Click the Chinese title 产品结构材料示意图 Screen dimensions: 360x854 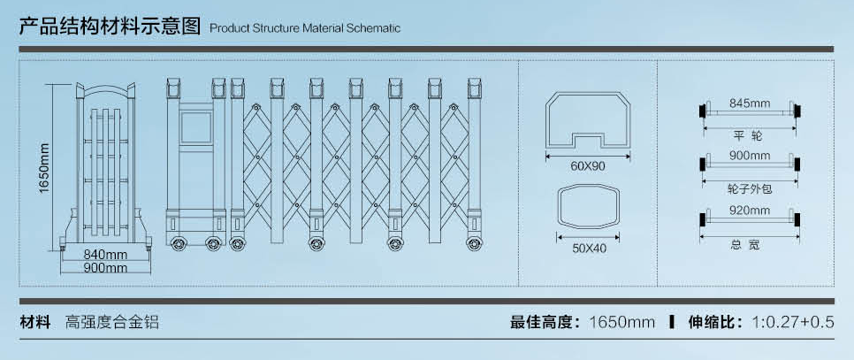[111, 26]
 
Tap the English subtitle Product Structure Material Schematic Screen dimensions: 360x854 [305, 28]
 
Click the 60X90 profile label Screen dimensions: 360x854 [588, 166]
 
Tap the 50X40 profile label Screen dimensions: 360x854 [589, 249]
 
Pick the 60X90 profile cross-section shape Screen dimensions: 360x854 [588, 120]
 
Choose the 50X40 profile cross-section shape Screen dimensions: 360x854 [589, 209]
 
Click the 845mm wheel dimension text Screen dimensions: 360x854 [750, 103]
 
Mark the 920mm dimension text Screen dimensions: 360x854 [750, 211]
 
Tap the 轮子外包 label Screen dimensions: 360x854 [749, 188]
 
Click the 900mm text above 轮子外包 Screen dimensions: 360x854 [750, 156]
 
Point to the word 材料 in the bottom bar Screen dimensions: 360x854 [34, 322]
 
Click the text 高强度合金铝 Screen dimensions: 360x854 [112, 322]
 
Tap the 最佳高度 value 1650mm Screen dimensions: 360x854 [621, 322]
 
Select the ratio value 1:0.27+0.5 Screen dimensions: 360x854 [792, 322]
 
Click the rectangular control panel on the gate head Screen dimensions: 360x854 [197, 123]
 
